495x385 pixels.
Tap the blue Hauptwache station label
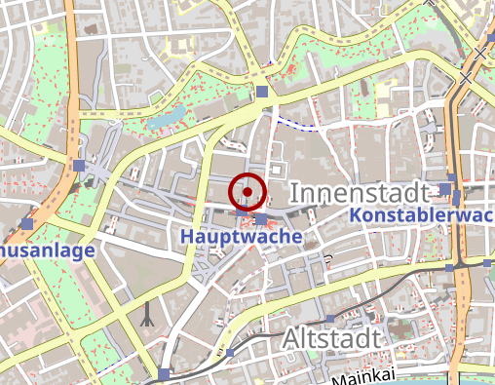click(x=241, y=236)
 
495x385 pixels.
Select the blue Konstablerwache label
click(x=422, y=214)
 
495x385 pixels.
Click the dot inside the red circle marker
click(x=247, y=192)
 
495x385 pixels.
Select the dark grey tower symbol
click(x=148, y=314)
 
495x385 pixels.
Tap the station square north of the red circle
click(x=262, y=93)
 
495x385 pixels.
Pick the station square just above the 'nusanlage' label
click(x=26, y=224)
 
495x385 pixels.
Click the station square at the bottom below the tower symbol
click(x=163, y=374)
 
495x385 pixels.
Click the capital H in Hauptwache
click(x=186, y=236)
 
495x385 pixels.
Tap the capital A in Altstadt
click(x=293, y=338)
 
